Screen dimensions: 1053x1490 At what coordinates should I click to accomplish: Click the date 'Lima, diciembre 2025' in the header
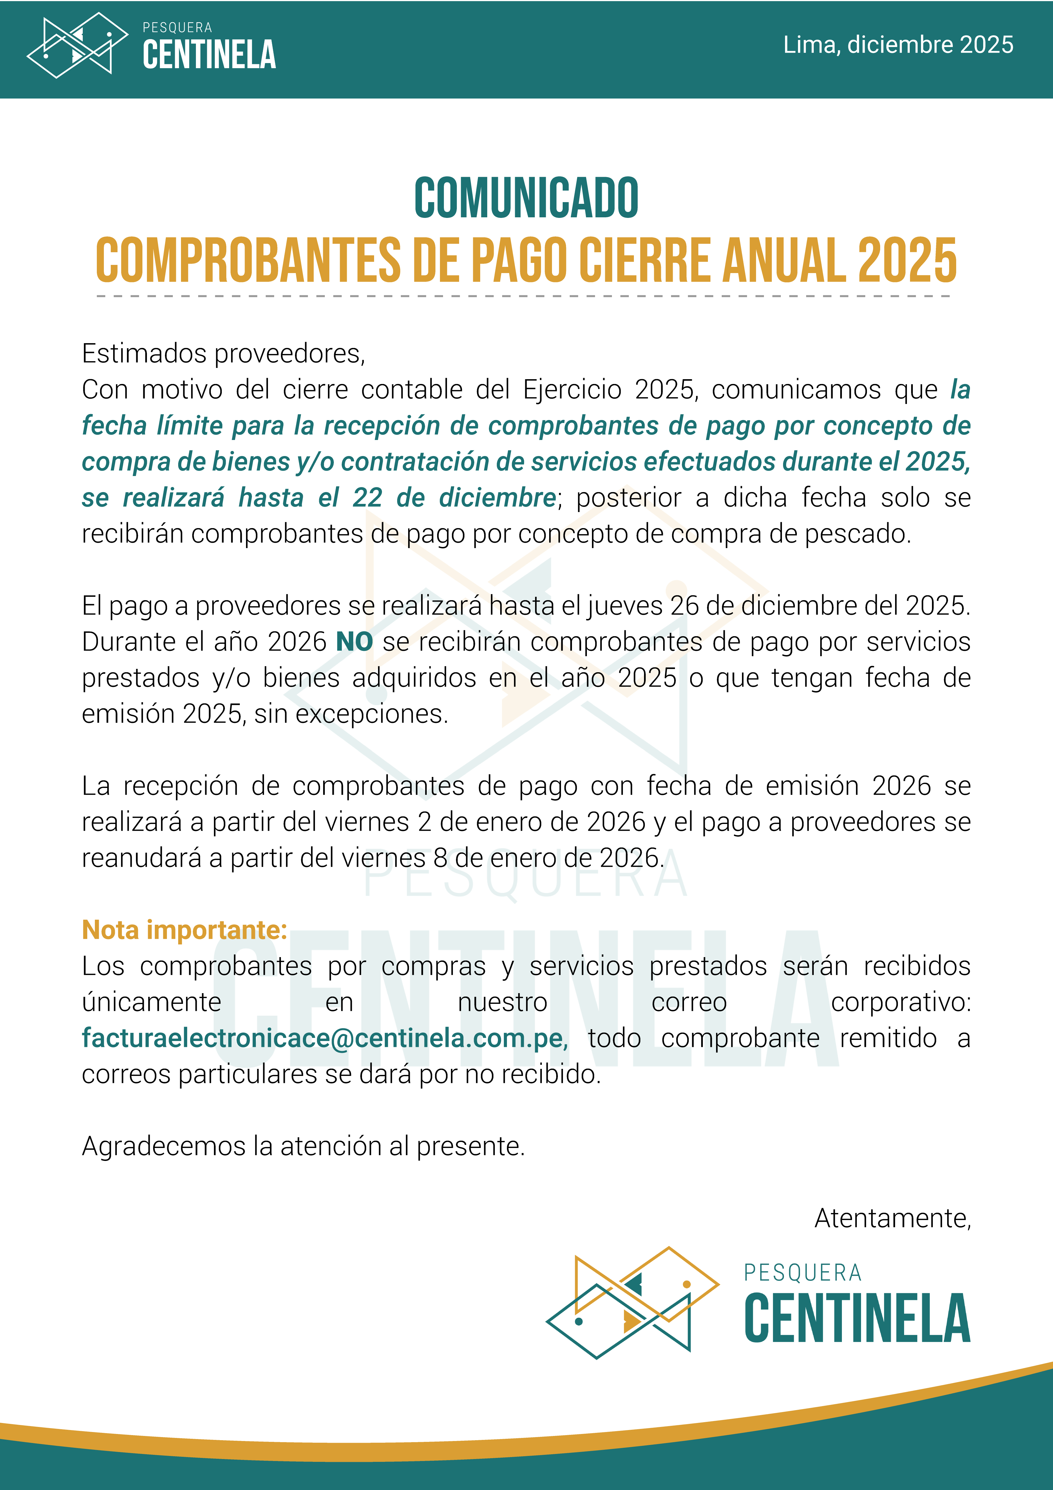click(898, 45)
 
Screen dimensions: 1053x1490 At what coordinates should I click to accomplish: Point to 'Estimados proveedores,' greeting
click(223, 354)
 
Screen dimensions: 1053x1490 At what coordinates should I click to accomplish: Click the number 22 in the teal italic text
click(367, 498)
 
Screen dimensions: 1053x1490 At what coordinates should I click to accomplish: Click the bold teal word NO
click(354, 642)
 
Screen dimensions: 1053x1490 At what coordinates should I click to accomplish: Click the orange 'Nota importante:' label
click(184, 930)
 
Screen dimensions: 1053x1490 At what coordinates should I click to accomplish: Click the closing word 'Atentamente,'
click(892, 1219)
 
